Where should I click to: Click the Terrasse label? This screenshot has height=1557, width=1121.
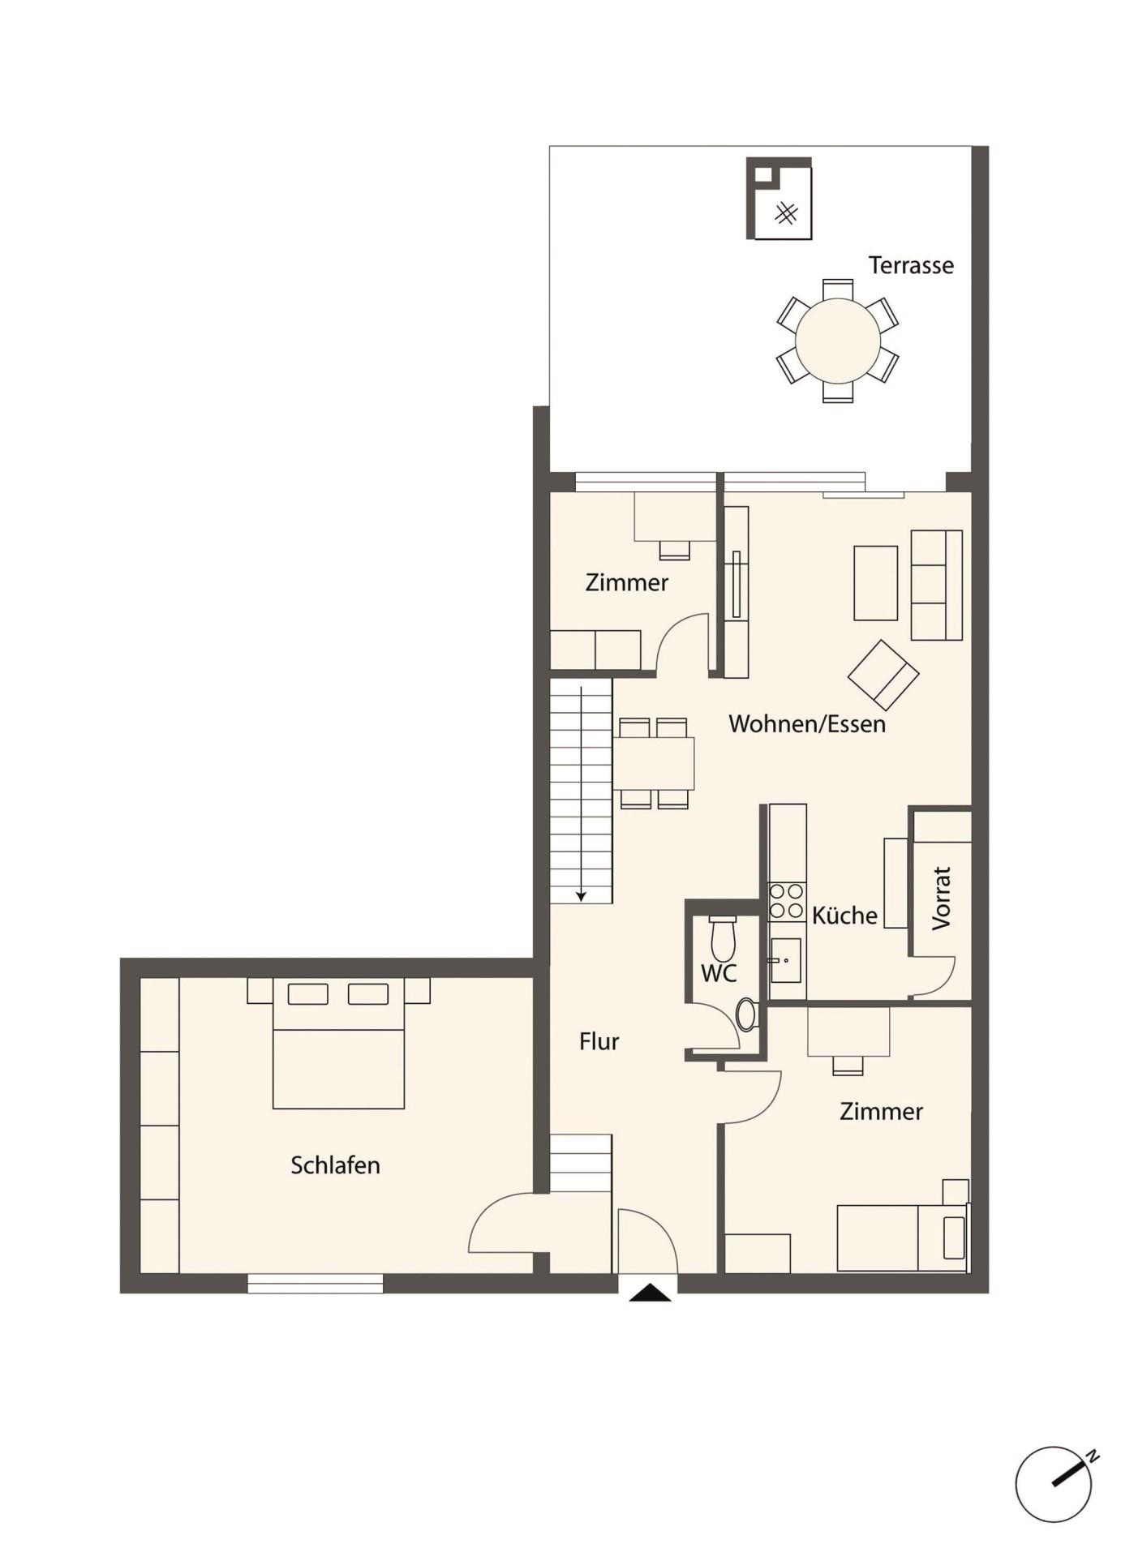pos(910,265)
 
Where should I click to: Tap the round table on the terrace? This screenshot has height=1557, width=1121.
pos(837,341)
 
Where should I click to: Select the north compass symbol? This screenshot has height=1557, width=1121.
pos(1054,1485)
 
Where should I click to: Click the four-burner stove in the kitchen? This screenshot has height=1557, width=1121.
pos(786,902)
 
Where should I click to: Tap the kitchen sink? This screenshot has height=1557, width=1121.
pos(785,960)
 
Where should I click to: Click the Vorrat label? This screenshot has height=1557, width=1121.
pos(941,898)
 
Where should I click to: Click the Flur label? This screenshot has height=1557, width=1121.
pos(599,1041)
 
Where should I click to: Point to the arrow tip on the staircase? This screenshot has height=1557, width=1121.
pos(581,897)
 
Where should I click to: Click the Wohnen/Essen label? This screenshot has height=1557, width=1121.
pos(806,723)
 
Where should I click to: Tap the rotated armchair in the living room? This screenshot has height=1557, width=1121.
pos(883,675)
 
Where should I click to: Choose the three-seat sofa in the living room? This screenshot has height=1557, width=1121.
pos(936,585)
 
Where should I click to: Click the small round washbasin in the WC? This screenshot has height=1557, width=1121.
pos(745,1014)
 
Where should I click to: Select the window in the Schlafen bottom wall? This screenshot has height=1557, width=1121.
pos(315,1283)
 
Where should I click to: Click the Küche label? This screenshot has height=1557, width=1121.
pos(844,916)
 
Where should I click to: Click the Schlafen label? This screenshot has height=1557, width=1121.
pos(335,1165)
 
